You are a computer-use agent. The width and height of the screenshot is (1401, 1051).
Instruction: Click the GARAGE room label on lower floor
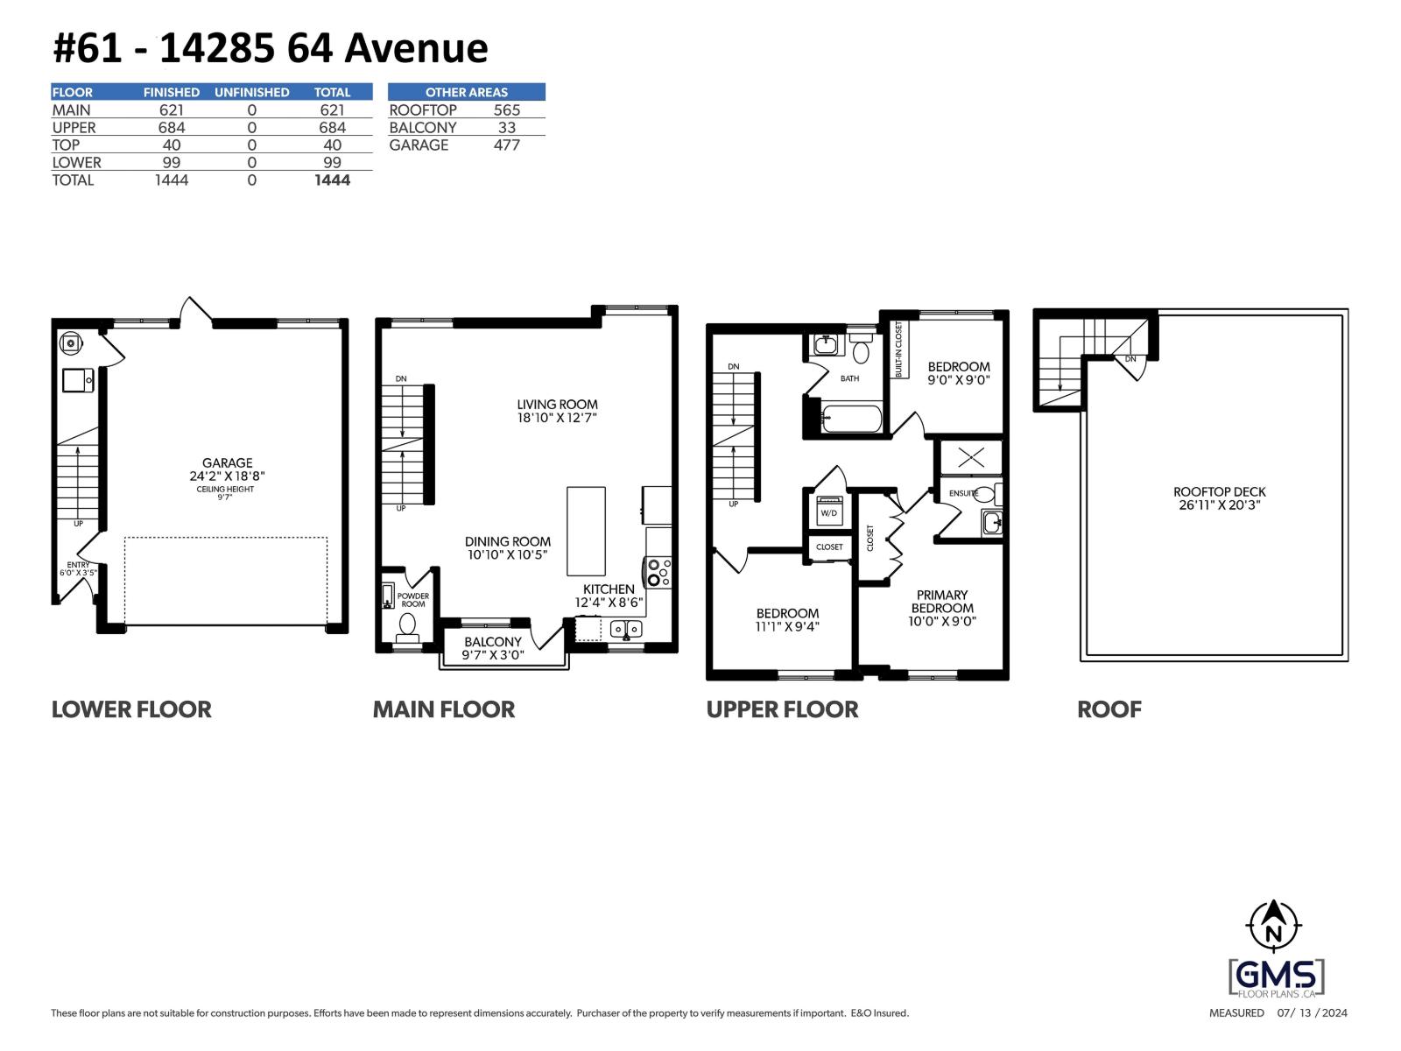[227, 463]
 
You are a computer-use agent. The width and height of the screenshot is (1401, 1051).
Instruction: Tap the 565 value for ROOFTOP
[506, 109]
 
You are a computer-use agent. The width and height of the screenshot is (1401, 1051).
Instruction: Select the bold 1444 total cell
[332, 180]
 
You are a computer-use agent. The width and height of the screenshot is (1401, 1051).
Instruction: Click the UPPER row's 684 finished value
[171, 127]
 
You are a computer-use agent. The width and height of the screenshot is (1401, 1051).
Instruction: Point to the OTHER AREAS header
[466, 92]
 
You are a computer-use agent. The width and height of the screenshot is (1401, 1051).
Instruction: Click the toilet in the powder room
[407, 625]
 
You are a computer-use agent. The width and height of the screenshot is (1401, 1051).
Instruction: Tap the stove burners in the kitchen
[658, 572]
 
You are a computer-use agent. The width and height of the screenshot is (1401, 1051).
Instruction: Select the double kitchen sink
[625, 629]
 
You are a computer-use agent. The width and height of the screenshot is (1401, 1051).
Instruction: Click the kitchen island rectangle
[586, 531]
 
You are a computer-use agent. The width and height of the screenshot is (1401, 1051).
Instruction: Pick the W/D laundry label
[827, 512]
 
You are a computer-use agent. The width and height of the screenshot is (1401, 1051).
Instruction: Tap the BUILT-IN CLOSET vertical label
[898, 349]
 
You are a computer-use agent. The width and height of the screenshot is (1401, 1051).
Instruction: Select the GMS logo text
[1276, 975]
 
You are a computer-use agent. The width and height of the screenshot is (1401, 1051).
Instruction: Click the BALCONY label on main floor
[492, 642]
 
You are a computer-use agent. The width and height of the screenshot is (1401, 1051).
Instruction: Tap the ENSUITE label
[963, 493]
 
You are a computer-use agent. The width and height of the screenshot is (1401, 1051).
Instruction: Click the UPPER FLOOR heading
[782, 709]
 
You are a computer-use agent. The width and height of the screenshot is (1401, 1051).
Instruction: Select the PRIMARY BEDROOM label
[941, 602]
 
